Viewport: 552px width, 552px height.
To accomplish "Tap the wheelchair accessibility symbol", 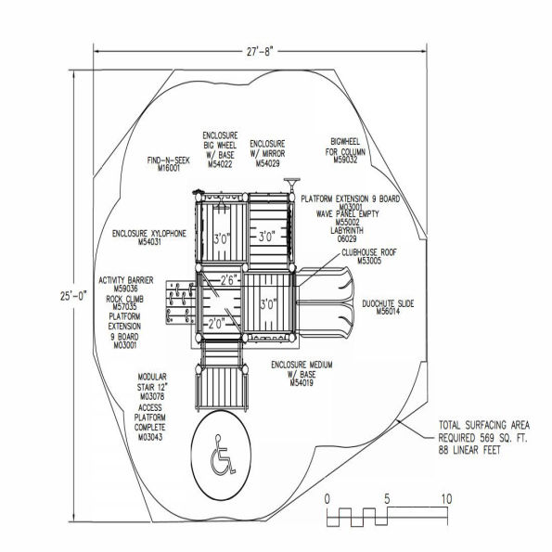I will tap(222, 454).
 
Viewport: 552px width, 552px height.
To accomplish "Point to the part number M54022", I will tap(220, 165).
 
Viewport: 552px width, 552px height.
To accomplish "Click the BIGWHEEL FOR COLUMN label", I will tap(350, 148).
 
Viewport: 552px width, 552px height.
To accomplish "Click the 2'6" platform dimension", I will tap(229, 278).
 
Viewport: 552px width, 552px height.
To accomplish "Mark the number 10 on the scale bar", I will tap(446, 499).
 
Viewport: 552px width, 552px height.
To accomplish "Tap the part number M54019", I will tap(302, 382).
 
